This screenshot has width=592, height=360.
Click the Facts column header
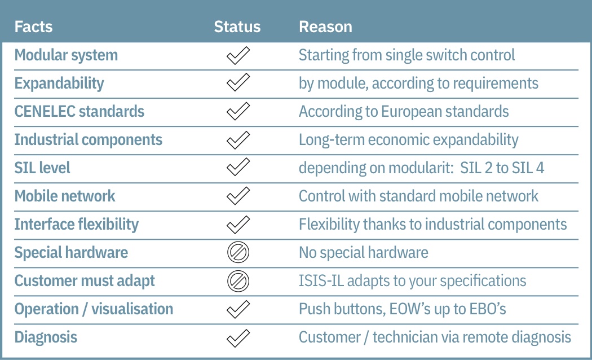click(33, 27)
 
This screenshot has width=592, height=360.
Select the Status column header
click(237, 27)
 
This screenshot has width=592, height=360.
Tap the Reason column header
click(325, 27)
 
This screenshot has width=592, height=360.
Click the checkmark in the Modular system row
click(238, 55)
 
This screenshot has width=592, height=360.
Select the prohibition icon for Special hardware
click(238, 252)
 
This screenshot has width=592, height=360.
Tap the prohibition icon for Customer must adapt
click(238, 281)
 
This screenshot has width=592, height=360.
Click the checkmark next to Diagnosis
click(238, 338)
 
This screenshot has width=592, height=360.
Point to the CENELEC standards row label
click(79, 111)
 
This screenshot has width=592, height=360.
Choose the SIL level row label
click(42, 168)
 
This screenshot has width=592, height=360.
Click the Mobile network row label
click(65, 196)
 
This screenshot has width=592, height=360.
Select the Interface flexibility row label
click(76, 225)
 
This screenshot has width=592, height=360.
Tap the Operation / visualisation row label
click(94, 309)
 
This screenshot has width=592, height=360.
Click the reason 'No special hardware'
click(364, 252)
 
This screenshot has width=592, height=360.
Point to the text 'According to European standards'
click(404, 112)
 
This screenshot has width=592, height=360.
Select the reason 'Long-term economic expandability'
click(409, 140)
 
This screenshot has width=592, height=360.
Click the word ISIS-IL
click(321, 281)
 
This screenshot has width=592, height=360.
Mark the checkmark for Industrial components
click(238, 140)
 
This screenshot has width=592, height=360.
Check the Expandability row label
click(59, 84)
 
